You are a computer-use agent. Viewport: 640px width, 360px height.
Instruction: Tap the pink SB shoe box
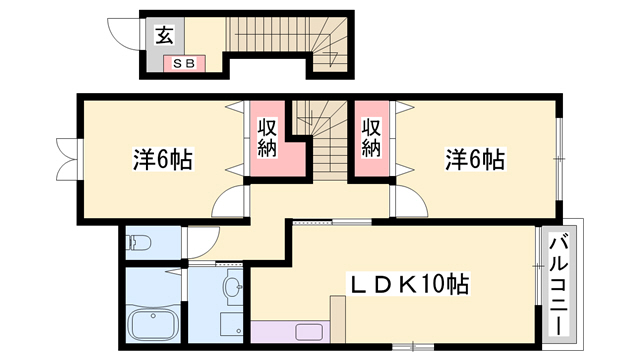[184, 63]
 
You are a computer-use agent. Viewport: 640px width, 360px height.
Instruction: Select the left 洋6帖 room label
[163, 158]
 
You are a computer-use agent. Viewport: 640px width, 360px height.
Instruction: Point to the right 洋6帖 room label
[474, 158]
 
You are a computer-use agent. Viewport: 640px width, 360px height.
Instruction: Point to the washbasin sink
[234, 290]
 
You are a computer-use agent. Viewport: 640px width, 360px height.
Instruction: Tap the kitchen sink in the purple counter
[308, 332]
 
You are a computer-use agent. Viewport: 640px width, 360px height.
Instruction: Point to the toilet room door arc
[201, 241]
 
